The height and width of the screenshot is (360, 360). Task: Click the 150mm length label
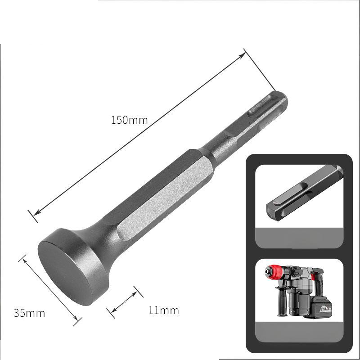coord(129,120)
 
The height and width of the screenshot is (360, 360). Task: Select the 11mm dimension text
coord(163,310)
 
